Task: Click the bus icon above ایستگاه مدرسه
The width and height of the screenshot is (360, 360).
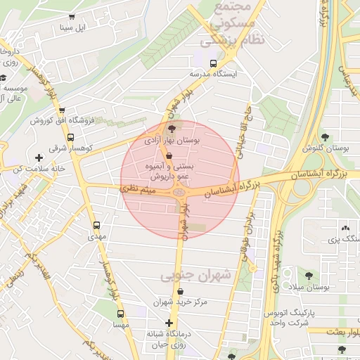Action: pyautogui.click(x=212, y=63)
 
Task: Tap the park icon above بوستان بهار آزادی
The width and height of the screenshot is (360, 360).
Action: pyautogui.click(x=173, y=129)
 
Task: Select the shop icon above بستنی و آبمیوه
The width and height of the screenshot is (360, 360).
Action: pyautogui.click(x=169, y=155)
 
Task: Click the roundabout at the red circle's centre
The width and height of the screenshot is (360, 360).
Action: pyautogui.click(x=179, y=191)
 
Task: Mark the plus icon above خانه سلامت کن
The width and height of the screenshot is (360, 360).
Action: pyautogui.click(x=38, y=157)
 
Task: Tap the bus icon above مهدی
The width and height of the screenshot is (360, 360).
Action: pyautogui.click(x=96, y=226)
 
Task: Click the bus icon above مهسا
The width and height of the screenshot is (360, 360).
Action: pyautogui.click(x=120, y=314)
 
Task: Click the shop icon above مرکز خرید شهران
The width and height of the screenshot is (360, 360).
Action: pyautogui.click(x=181, y=290)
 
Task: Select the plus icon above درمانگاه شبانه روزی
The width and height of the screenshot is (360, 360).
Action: pyautogui.click(x=168, y=323)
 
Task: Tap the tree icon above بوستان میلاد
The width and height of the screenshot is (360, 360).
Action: pyautogui.click(x=309, y=275)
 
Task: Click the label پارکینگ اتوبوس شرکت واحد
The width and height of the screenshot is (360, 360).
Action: pyautogui.click(x=288, y=316)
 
